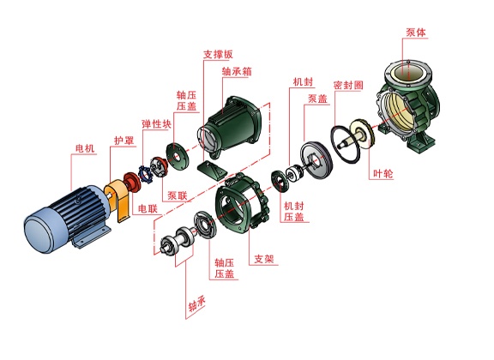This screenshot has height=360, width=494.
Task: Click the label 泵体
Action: click(416, 33)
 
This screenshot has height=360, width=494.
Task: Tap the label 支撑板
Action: click(218, 54)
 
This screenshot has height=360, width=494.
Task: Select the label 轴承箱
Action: click(237, 71)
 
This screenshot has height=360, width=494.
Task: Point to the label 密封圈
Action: click(348, 85)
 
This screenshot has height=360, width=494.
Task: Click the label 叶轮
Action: click(383, 173)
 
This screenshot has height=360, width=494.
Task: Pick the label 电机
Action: click(85, 148)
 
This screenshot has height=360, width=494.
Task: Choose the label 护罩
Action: click(123, 141)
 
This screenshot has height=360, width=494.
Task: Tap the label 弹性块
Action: click(157, 123)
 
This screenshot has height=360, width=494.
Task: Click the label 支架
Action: click(264, 259)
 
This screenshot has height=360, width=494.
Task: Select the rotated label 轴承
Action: click(197, 304)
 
